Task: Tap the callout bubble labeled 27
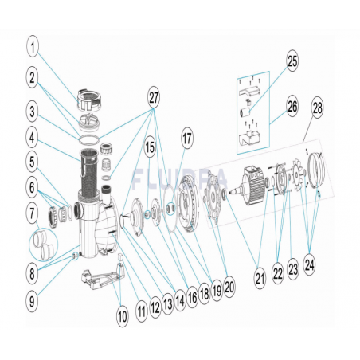[x=154, y=98]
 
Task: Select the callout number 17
[x=187, y=139]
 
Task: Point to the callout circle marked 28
[x=318, y=108]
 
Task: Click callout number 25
[x=292, y=61]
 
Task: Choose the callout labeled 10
[x=123, y=316]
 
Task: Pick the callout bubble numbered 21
[x=260, y=279]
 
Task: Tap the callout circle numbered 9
[x=32, y=301]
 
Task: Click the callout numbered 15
[x=151, y=147]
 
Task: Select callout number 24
[x=310, y=264]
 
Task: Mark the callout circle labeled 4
[x=32, y=138]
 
